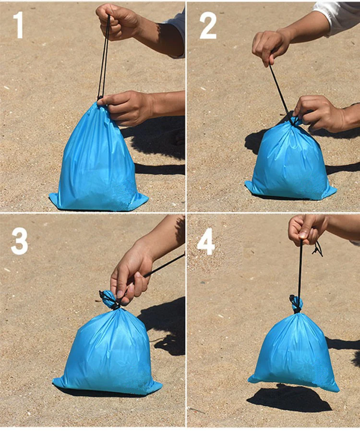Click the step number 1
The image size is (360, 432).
point(18,25)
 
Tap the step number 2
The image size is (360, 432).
point(208,25)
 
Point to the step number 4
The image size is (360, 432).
point(206,241)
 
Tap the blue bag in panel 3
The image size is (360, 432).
point(107,353)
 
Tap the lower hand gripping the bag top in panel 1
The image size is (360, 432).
point(127,107)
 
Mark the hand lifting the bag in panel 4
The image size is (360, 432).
point(307,228)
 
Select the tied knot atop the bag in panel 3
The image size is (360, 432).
point(108,300)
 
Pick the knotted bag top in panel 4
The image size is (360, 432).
point(296,304)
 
